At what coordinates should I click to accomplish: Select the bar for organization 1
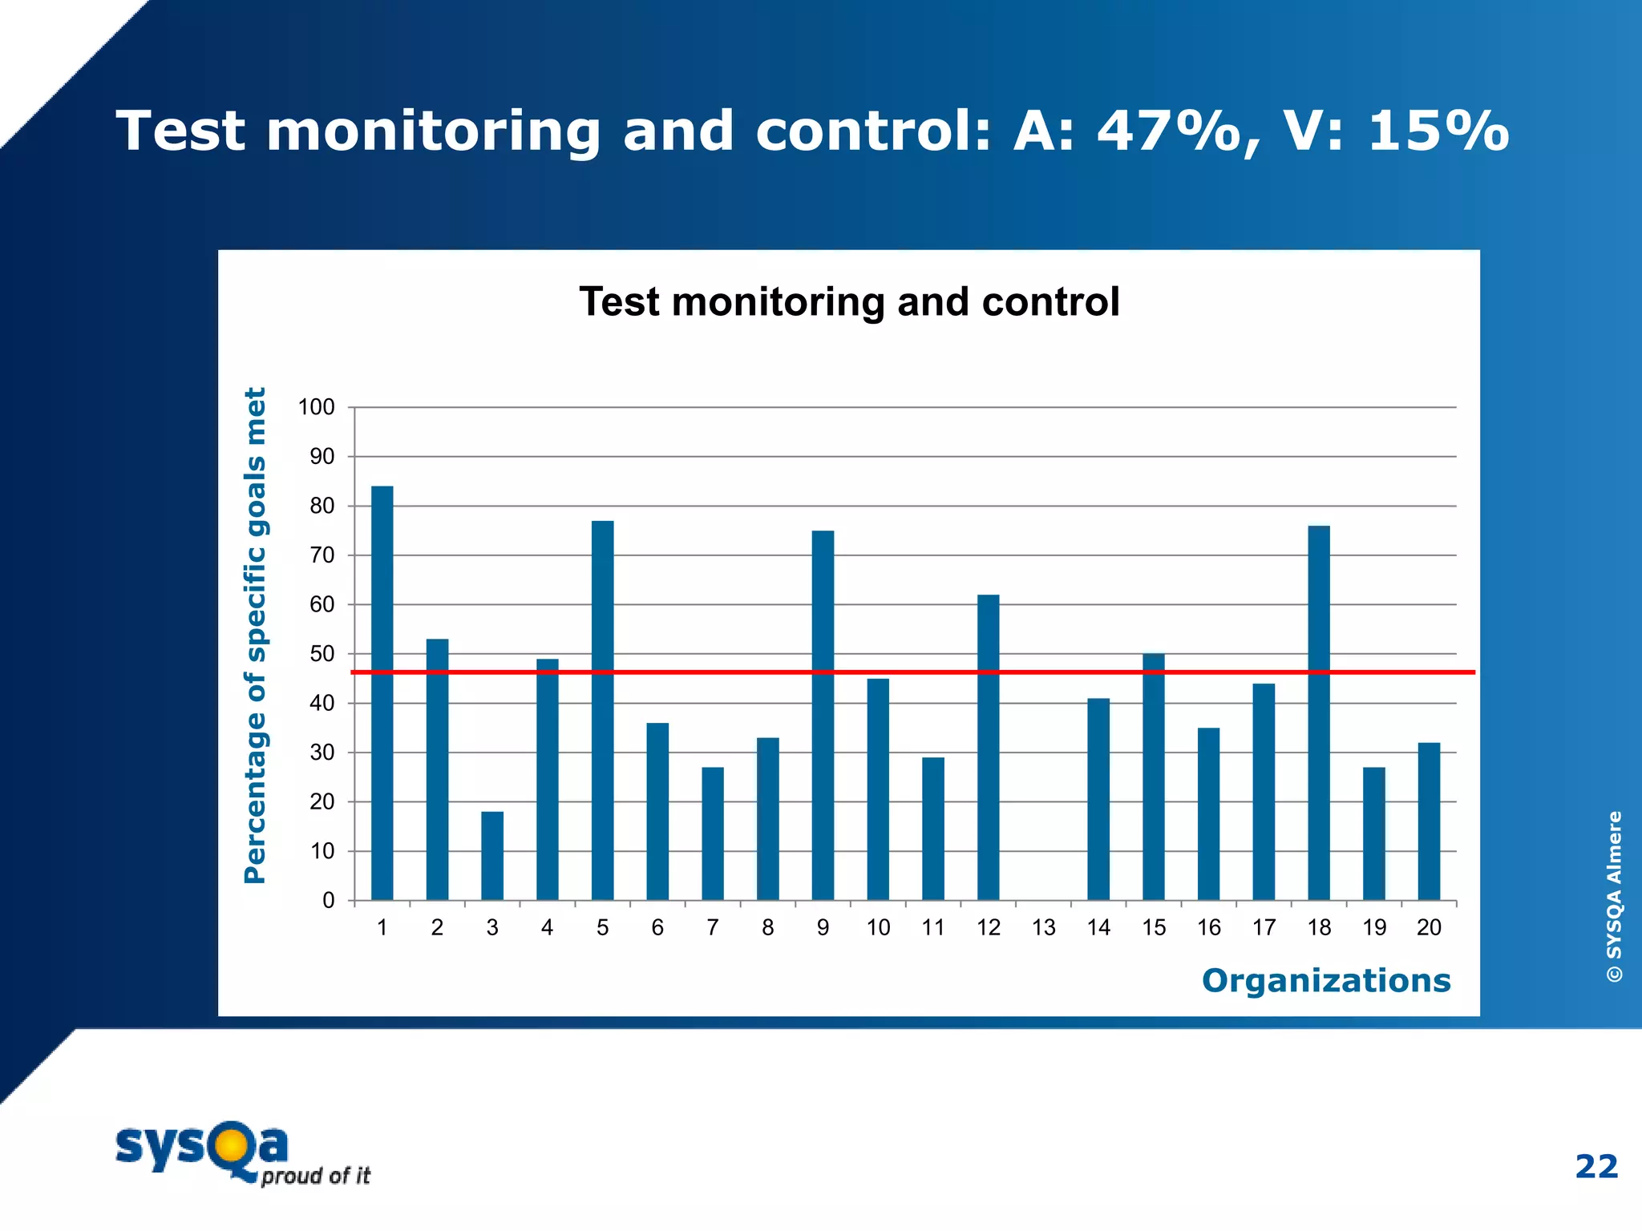click(x=382, y=693)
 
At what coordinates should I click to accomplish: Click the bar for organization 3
click(x=492, y=856)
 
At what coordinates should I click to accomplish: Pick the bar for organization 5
click(x=602, y=710)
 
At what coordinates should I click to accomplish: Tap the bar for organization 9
click(x=823, y=715)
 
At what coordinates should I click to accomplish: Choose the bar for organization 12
click(x=988, y=747)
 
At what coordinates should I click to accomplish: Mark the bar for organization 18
click(x=1318, y=712)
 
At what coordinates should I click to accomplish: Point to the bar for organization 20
click(x=1429, y=821)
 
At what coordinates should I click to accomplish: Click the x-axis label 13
click(x=1043, y=927)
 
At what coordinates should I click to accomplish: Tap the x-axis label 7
click(x=712, y=927)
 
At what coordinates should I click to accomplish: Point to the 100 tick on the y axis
click(x=316, y=407)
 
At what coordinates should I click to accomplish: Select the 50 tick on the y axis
click(x=322, y=654)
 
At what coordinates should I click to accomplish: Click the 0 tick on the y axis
click(x=328, y=901)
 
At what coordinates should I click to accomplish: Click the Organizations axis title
click(x=1325, y=980)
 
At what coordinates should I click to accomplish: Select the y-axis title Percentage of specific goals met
click(x=255, y=636)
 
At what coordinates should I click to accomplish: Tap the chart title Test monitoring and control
click(x=849, y=302)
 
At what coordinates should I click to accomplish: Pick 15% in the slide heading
click(x=1438, y=131)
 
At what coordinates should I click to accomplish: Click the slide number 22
click(x=1595, y=1166)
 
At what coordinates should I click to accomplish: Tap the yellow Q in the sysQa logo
click(x=229, y=1146)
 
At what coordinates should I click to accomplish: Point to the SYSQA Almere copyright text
click(x=1614, y=896)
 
